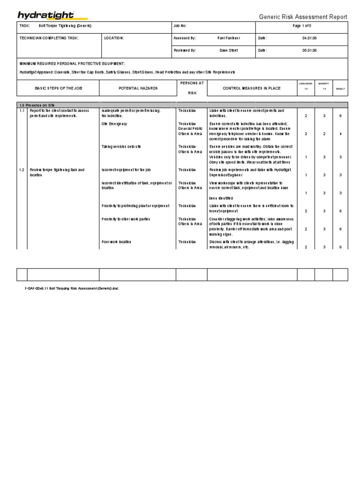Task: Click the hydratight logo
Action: click(45, 16)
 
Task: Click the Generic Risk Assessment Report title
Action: click(303, 17)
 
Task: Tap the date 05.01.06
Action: click(309, 50)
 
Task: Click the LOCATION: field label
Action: click(114, 38)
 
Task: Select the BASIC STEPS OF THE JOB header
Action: click(58, 88)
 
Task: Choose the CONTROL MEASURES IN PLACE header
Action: click(251, 88)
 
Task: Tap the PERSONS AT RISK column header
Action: click(191, 88)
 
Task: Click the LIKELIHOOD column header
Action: click(306, 83)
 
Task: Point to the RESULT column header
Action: click(340, 88)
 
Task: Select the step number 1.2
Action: click(22, 170)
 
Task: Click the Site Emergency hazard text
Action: click(114, 124)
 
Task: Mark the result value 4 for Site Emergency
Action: click(340, 134)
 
